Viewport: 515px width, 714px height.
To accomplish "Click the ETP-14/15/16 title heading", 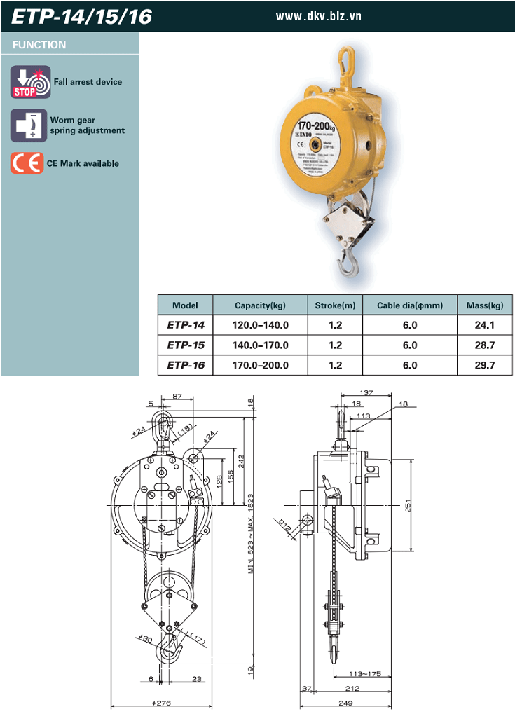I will tap(81, 15).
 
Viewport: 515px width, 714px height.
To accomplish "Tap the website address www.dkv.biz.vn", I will tap(319, 15).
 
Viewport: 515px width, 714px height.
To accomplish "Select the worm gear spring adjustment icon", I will tap(29, 125).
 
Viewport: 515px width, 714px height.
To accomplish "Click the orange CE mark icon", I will tap(27, 163).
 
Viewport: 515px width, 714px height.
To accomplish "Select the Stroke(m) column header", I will tap(334, 305).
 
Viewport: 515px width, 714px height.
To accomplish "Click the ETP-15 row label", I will tap(186, 345).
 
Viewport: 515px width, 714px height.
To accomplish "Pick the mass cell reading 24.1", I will tap(484, 325).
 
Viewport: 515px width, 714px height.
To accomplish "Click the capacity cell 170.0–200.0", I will tap(260, 365).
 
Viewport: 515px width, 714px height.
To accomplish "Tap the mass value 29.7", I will tap(484, 365).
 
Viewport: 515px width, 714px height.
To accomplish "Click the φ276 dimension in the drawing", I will tap(161, 703).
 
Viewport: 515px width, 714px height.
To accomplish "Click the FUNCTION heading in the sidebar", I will tap(39, 45).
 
